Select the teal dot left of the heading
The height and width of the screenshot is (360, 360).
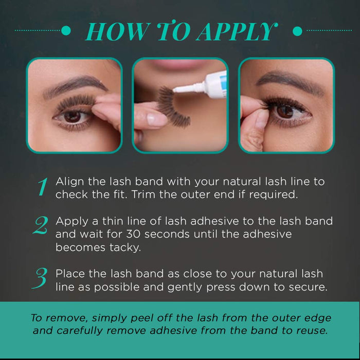pos(66,31)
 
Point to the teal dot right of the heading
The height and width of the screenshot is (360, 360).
pos(297,31)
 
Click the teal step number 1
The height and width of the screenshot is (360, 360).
pos(42,188)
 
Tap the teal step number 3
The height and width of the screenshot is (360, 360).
pos(41,279)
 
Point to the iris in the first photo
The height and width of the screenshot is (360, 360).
pos(71,116)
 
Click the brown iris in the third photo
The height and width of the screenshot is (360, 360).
pos(284,111)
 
